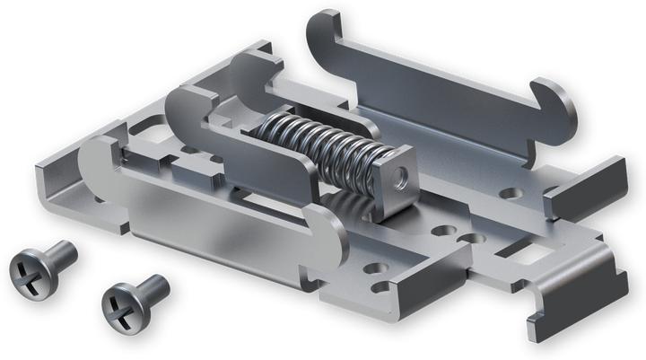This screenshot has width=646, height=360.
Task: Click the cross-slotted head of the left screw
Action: click(29, 270)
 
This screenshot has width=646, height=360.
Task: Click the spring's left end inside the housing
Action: click(260, 135)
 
